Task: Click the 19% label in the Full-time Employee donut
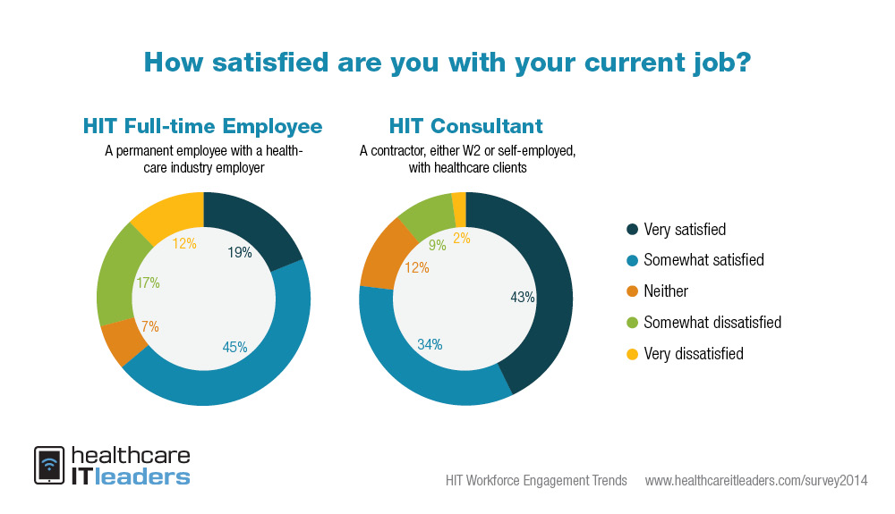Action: pyautogui.click(x=239, y=253)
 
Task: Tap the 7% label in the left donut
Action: pyautogui.click(x=150, y=327)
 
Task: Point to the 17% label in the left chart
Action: pyautogui.click(x=148, y=283)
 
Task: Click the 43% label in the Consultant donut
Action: pyautogui.click(x=523, y=297)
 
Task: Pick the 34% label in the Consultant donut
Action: pyautogui.click(x=430, y=343)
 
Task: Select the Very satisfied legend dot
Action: pyautogui.click(x=633, y=230)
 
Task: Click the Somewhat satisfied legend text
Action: pyautogui.click(x=703, y=260)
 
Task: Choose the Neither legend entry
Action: pyautogui.click(x=666, y=291)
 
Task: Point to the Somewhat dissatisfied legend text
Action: pyautogui.click(x=712, y=322)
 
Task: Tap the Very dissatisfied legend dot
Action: pyautogui.click(x=633, y=353)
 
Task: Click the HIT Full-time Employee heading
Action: pyautogui.click(x=202, y=125)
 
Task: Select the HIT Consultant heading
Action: pyautogui.click(x=465, y=125)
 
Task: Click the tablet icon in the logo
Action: pyautogui.click(x=48, y=466)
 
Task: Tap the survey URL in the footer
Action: pyautogui.click(x=756, y=481)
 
